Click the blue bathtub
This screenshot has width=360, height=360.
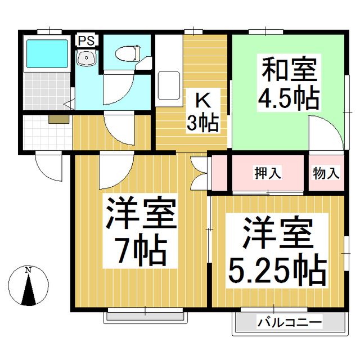point(47,54)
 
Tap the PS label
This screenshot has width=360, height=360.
point(86,41)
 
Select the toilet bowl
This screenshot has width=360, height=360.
point(128,53)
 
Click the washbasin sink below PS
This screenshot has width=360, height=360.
point(86,58)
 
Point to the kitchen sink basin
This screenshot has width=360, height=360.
point(169,85)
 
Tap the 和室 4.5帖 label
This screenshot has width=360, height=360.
point(289,83)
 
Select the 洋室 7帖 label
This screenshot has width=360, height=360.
point(140,231)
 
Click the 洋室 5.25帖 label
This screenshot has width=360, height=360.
point(277,251)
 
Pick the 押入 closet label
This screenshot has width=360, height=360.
point(268,173)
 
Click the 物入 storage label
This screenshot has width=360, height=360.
point(326,173)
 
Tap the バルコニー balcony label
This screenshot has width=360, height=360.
point(289,323)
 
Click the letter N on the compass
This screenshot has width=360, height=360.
point(28,270)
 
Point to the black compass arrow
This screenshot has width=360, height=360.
point(29,290)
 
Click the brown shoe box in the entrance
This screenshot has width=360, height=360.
point(58,119)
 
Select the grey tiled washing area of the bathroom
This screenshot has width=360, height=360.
point(47,91)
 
